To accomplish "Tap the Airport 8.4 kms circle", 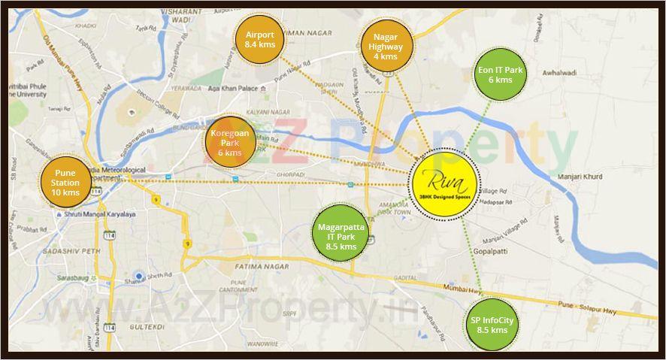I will pos(259,39).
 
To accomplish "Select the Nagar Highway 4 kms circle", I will pos(386,46).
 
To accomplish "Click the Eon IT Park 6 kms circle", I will pos(501,74).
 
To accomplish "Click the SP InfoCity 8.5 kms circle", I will pos(492,325).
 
